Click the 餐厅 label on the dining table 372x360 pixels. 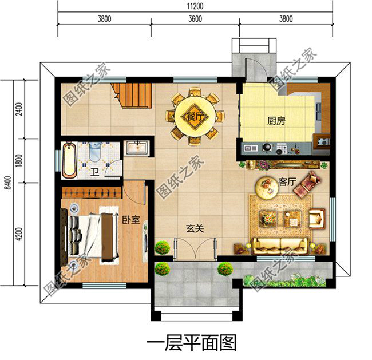[195, 117]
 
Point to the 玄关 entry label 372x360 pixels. [195, 228]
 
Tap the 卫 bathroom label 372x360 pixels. [93, 172]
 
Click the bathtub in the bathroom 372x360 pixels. [69, 159]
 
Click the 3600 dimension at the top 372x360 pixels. [195, 18]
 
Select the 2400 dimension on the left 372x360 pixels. [19, 109]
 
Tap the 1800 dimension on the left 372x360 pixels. [19, 161]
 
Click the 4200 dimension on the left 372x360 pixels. [19, 235]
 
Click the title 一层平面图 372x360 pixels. [192, 343]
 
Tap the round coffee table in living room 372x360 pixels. [267, 185]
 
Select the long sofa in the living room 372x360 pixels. [281, 246]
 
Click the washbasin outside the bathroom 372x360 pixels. [137, 147]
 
